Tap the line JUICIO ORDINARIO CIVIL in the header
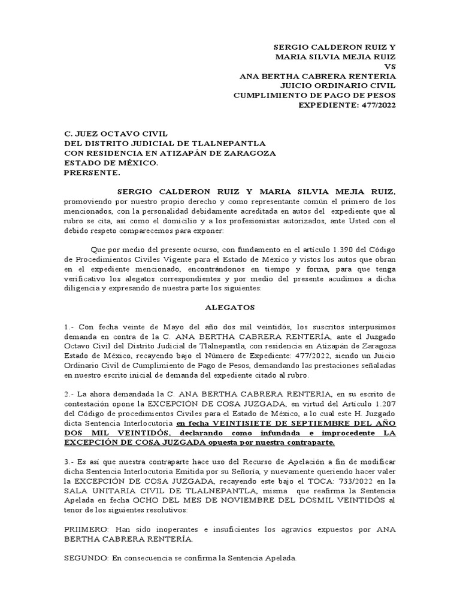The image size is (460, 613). [347, 86]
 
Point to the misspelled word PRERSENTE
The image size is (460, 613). [92, 173]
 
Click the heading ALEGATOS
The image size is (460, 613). [229, 307]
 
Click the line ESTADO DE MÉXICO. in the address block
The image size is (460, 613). [111, 163]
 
